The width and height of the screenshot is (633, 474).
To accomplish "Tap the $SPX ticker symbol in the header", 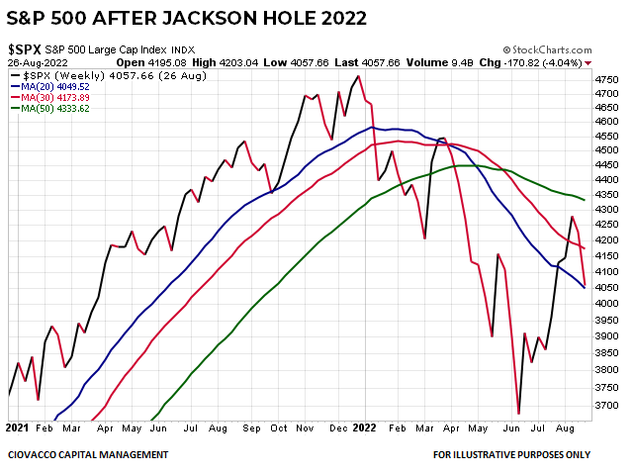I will tap(24, 48).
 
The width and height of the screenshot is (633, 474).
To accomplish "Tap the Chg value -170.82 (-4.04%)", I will tap(539, 62).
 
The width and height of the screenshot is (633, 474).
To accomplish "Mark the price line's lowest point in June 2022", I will tap(518, 413).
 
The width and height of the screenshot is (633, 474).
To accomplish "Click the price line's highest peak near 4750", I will tap(357, 77).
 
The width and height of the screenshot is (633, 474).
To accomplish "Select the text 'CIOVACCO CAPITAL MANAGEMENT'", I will tap(88, 455).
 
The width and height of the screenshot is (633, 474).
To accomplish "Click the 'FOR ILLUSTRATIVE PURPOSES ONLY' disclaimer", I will tap(511, 455).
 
